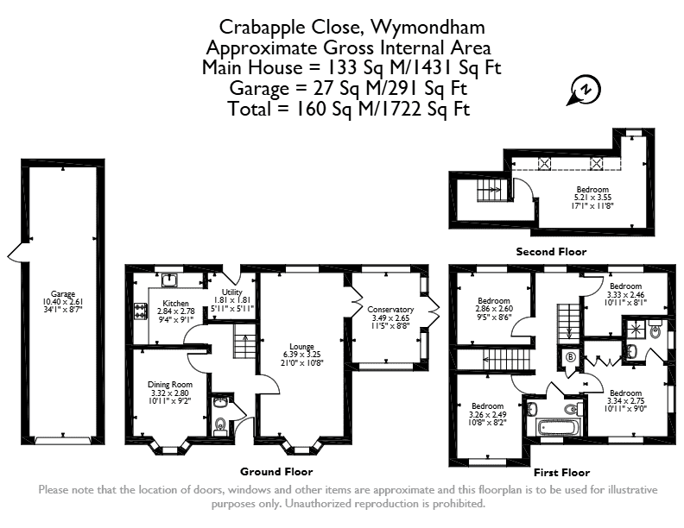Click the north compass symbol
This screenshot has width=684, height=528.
tap(584, 91)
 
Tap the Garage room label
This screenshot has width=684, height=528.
tap(63, 294)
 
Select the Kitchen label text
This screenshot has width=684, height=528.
tap(175, 303)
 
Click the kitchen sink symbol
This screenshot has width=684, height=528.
tap(168, 280)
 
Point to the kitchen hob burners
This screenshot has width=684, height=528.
tap(141, 311)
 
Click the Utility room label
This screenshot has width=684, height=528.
tap(231, 292)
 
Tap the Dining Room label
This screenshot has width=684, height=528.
tap(169, 385)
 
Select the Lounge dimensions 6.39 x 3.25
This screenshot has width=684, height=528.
tap(302, 355)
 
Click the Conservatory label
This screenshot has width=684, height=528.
tap(390, 310)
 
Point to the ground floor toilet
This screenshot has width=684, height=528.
tap(220, 424)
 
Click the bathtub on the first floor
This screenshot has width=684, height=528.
tap(559, 427)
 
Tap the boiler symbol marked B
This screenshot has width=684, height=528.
tap(570, 358)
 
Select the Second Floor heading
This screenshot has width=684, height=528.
tap(551, 252)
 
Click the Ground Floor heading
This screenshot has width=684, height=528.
tap(276, 472)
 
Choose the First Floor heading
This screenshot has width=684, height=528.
tap(562, 473)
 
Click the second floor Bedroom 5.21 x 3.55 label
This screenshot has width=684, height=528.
tap(592, 190)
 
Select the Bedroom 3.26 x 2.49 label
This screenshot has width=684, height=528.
tap(487, 406)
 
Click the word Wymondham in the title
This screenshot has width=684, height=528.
tap(427, 27)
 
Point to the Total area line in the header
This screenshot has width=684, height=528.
tap(349, 109)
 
